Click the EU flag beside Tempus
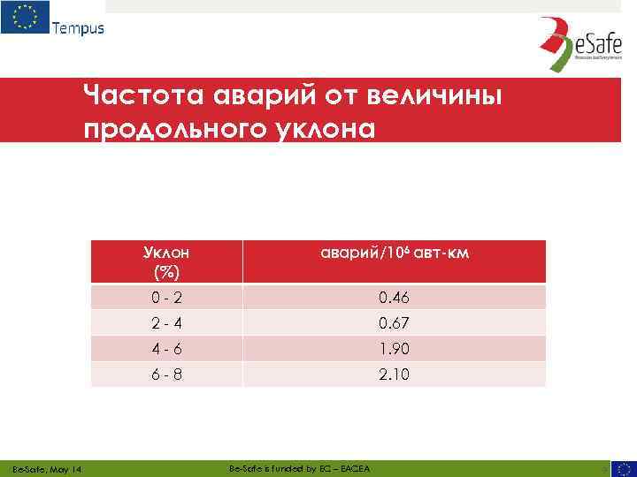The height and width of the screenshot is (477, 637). coord(24,17)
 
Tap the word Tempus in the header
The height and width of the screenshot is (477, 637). coord(78,27)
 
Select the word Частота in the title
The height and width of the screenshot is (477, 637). coord(134,94)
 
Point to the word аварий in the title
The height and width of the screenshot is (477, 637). coord(244,94)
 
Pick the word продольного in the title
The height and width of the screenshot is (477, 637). coord(167,129)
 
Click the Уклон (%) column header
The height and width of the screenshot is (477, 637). coord(166,261)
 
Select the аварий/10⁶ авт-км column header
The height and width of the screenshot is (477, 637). coord(394,254)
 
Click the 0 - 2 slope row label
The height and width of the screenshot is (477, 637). coord(166,298)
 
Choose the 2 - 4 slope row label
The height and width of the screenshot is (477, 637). coord(166,323)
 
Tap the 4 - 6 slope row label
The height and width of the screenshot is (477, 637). coord(166,349)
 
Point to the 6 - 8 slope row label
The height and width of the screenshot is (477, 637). coord(166,375)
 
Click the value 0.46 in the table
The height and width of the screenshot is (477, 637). coord(394,298)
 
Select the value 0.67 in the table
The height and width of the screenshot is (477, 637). coord(394,323)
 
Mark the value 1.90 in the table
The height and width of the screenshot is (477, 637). coord(394,349)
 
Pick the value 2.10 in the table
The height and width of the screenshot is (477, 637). coord(394,375)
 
